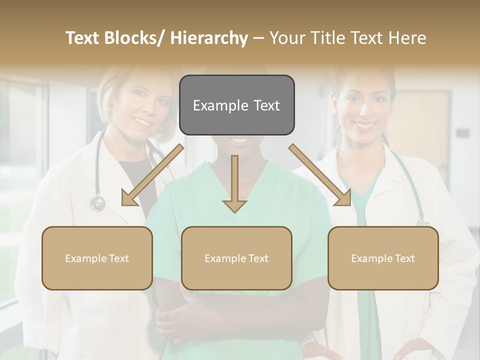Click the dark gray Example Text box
click(236, 105)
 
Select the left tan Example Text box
click(97, 258)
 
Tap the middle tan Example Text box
click(236, 258)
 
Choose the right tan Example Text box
click(383, 258)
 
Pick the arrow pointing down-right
click(320, 175)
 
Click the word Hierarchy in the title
click(209, 38)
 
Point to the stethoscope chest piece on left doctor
click(97, 203)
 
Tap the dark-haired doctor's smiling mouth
click(364, 124)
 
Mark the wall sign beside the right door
click(462, 133)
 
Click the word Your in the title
click(286, 38)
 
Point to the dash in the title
click(258, 38)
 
